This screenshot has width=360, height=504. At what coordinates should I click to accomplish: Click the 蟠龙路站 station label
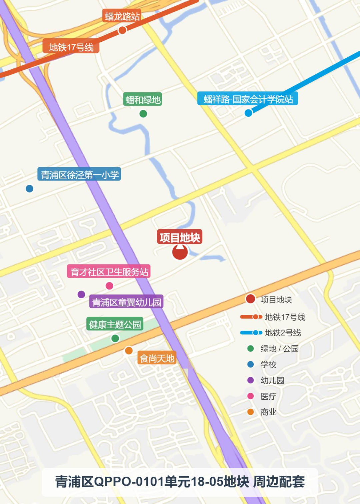tap(122, 16)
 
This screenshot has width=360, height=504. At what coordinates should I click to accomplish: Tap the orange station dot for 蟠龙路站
tap(122, 30)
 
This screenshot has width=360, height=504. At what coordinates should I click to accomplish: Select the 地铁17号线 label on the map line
tap(71, 47)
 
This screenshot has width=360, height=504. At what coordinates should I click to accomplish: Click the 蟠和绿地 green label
tap(143, 99)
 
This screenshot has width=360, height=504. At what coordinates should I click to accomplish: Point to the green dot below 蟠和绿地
tap(143, 114)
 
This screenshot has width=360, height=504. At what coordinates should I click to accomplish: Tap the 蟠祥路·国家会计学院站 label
tap(248, 99)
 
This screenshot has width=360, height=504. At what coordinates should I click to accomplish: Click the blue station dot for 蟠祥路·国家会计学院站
tap(248, 113)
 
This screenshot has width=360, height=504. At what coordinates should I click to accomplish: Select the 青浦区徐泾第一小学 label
tap(79, 174)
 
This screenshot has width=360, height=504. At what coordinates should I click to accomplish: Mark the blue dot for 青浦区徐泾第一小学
tap(30, 189)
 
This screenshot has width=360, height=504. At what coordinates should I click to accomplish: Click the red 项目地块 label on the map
tap(180, 237)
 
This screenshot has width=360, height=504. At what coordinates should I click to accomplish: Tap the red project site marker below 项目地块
tap(180, 252)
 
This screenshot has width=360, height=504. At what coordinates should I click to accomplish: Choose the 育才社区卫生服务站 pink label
tap(109, 272)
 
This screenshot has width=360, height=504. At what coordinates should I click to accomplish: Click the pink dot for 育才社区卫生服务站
tap(109, 286)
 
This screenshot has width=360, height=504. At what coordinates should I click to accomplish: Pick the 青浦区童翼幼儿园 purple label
tap(126, 302)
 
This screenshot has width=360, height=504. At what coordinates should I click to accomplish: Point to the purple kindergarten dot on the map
tap(81, 295)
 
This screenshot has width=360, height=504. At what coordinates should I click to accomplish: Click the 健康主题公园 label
tap(115, 324)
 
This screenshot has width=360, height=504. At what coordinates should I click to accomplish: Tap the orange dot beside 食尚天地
tap(129, 351)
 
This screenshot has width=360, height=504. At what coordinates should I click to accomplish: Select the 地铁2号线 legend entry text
tap(283, 333)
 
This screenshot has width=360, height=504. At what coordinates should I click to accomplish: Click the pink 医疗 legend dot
tap(251, 396)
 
